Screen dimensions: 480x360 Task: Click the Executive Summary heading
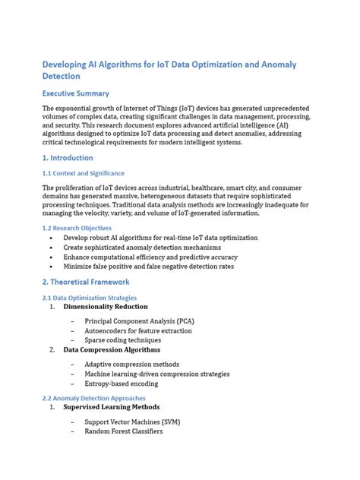pos(76,93)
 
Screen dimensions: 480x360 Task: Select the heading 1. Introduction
pos(68,158)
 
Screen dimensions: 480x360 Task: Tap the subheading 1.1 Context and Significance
pos(83,173)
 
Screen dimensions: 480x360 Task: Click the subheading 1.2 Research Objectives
pos(77,228)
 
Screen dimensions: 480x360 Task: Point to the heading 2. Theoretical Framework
pos(85,282)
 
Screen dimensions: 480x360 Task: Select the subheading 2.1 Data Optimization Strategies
pos(89,298)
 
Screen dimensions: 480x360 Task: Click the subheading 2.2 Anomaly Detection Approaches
pos(93,398)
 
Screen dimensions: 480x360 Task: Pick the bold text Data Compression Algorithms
pos(112,350)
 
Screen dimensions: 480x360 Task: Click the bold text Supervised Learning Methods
pos(111,407)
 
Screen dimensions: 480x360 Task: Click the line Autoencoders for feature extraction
pos(138,331)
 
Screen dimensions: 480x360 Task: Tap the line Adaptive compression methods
pos(132,365)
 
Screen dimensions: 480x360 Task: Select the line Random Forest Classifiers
pos(123,431)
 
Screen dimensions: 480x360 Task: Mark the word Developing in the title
pos(69,65)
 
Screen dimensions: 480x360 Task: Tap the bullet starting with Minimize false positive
pos(149,267)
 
